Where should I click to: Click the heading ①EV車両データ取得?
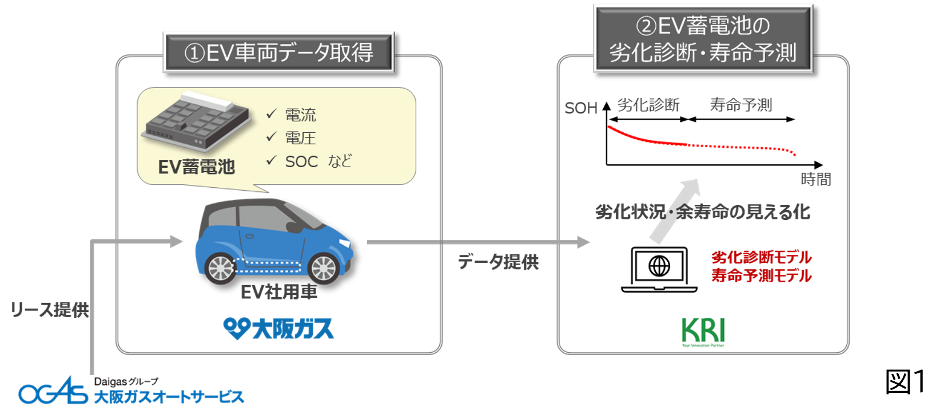[278, 53]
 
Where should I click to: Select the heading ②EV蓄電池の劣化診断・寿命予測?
[703, 39]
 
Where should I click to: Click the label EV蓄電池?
[196, 167]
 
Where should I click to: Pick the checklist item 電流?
[300, 115]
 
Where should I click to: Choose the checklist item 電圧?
[300, 138]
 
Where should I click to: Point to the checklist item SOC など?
[318, 161]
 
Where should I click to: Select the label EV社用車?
[278, 293]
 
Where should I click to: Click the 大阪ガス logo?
[278, 329]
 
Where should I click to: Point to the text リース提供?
[50, 310]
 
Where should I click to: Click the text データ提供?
[498, 262]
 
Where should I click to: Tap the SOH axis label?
[580, 108]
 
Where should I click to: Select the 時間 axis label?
[816, 179]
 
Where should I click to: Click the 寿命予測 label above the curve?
[741, 105]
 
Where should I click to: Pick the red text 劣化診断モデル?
[762, 258]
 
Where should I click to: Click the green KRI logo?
[703, 332]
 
